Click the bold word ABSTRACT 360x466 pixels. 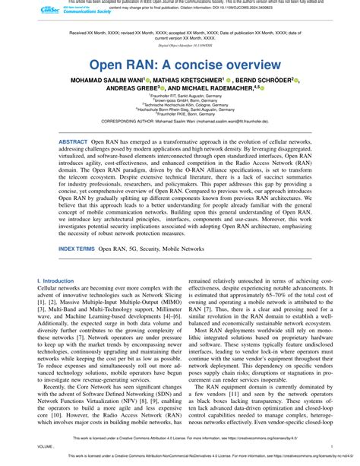[72, 141]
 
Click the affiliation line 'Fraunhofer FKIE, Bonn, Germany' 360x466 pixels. [179, 113]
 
